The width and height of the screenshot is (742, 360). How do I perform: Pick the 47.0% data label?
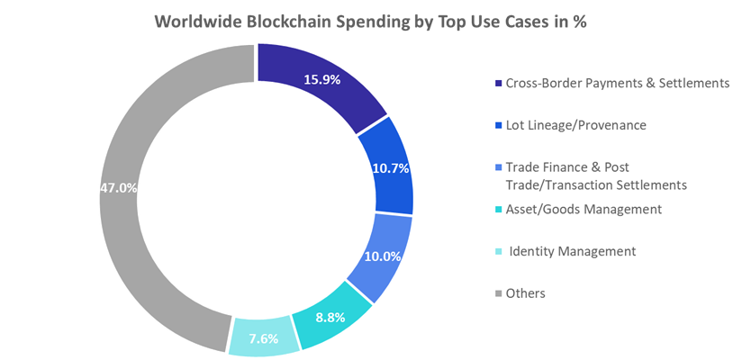click(119, 188)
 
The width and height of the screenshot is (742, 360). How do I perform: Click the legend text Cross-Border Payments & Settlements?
click(617, 83)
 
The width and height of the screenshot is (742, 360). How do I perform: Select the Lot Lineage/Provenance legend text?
click(575, 125)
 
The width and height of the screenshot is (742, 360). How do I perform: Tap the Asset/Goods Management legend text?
click(584, 209)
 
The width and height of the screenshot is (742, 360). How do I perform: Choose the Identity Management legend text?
click(572, 251)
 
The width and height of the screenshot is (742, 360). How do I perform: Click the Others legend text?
click(525, 293)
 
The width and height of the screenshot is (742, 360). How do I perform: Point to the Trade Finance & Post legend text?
click(567, 167)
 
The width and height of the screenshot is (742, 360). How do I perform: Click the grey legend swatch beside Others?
click(498, 294)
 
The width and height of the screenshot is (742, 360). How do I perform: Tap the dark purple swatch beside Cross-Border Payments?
click(498, 84)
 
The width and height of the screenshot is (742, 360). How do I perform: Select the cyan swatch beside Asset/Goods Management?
click(498, 210)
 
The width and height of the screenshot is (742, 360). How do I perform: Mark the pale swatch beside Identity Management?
click(498, 252)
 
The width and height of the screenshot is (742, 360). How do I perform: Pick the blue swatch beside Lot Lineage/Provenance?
click(498, 126)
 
